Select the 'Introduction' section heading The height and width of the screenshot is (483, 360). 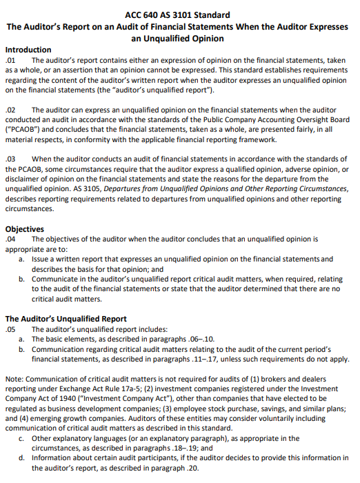pyautogui.click(x=28, y=50)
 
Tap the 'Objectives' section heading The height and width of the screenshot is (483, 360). pyautogui.click(x=25, y=229)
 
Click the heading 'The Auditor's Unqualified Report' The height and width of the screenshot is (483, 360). pyautogui.click(x=66, y=319)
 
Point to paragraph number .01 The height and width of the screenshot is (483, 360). pyautogui.click(x=10, y=61)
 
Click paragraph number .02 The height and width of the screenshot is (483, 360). pyautogui.click(x=10, y=110)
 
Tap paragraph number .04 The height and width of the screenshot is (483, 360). pyautogui.click(x=10, y=239)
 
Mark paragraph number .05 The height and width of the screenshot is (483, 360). pyautogui.click(x=10, y=329)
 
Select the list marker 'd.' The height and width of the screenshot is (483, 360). pyautogui.click(x=23, y=458)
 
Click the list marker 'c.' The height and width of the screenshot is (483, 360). pyautogui.click(x=23, y=438)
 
